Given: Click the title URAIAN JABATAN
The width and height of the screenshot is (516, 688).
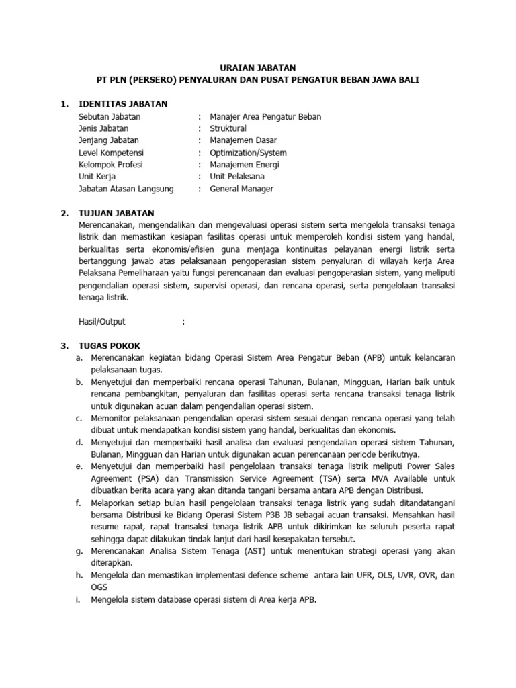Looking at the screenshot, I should (258, 67).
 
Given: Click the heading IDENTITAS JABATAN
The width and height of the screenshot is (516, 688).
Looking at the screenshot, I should (124, 104).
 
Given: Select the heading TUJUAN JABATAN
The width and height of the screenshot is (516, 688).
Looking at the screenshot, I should (118, 213).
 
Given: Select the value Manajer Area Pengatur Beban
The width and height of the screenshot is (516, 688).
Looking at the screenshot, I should (265, 116).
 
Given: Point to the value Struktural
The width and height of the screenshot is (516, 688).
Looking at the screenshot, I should (228, 128).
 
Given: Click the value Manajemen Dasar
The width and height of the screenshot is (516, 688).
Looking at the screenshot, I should (243, 140).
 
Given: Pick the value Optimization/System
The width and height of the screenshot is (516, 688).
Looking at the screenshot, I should (248, 153).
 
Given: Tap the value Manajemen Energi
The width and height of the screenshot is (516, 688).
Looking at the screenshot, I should (245, 165).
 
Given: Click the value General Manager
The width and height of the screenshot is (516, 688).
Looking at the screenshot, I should (242, 189).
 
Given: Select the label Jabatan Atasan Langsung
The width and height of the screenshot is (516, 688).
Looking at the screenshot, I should (126, 189).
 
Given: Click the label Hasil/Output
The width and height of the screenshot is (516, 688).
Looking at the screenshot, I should (102, 322).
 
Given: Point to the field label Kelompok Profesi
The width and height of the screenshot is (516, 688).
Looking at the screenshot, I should (111, 165).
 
